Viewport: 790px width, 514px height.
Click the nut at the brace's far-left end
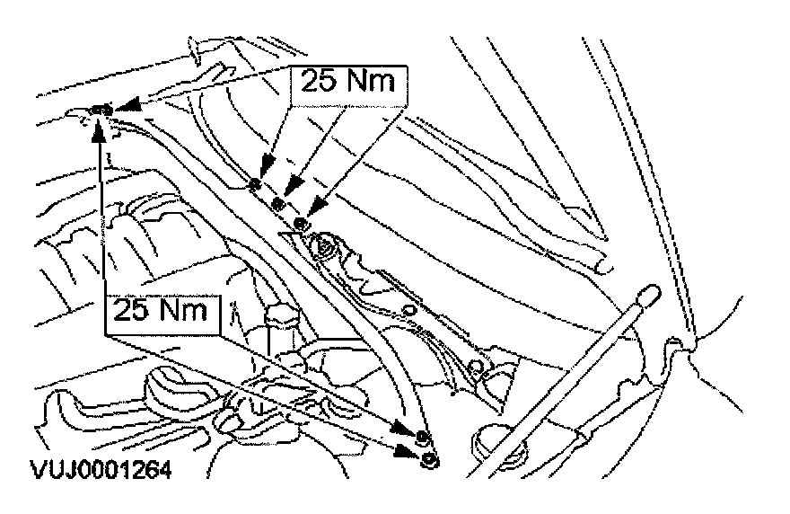[101, 111]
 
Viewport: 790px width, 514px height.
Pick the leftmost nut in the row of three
[256, 185]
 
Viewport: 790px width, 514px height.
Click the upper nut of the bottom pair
[423, 438]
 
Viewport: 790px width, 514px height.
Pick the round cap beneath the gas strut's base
[492, 438]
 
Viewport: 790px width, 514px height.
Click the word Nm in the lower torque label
[189, 313]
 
